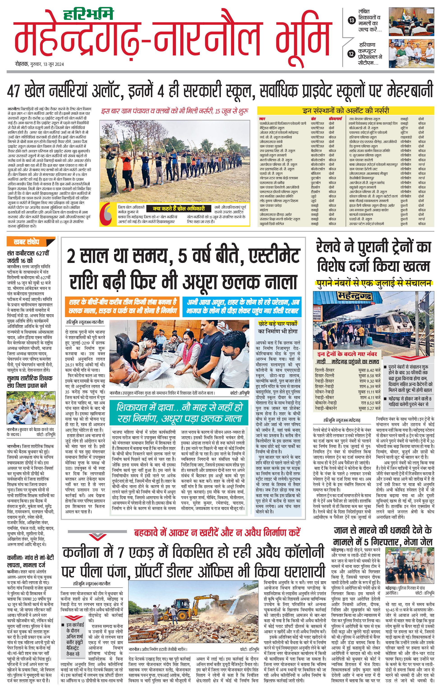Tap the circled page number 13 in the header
coord(352,20)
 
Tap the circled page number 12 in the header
coord(352,53)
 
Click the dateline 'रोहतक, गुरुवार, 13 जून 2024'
coord(39,64)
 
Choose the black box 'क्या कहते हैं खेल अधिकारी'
coord(179,208)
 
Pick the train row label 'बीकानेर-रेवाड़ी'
coord(326,403)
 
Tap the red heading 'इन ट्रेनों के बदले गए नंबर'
coord(347,354)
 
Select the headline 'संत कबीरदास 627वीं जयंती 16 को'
coord(28,257)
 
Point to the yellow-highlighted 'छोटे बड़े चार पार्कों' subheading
coord(278,323)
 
